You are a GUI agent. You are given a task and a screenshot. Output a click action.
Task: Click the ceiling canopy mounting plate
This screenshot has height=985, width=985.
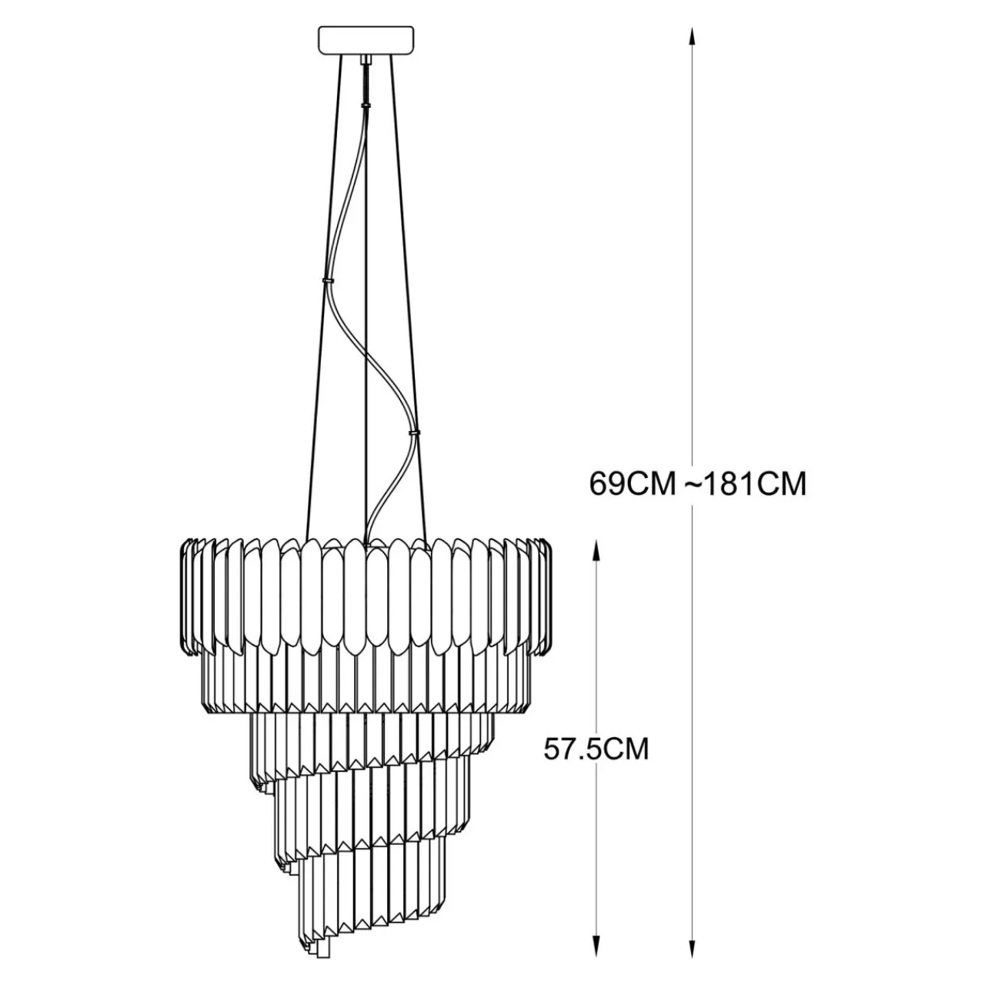point(366,40)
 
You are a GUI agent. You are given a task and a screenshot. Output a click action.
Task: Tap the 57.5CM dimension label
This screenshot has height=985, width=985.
point(596,750)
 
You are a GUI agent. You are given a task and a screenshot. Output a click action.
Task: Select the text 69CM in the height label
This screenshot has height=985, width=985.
point(633,483)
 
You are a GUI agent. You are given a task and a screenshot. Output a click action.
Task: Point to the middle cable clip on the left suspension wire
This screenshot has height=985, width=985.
point(328,281)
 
